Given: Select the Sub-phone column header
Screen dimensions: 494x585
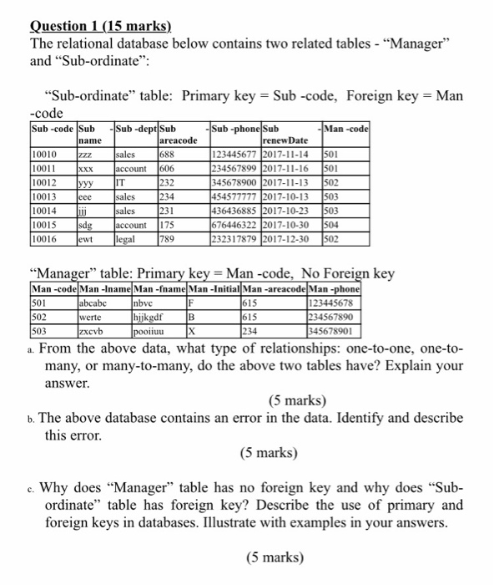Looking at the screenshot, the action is pos(237,129).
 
